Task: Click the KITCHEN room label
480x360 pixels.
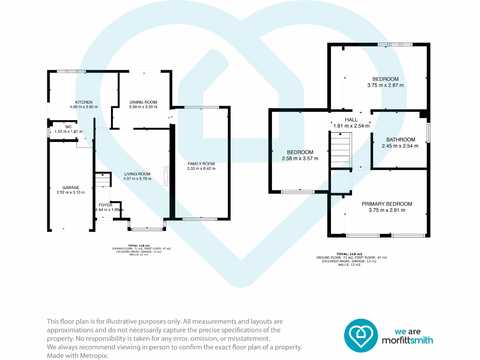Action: tap(84, 102)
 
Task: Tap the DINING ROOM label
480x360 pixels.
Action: tap(143, 102)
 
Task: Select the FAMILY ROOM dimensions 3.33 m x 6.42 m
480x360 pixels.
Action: tap(201, 169)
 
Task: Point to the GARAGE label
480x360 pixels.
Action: tap(71, 187)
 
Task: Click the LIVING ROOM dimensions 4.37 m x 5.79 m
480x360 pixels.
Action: tap(137, 179)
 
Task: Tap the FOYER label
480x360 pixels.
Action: tap(105, 205)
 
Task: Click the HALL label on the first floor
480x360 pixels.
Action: tap(351, 120)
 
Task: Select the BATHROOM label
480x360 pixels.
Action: tap(400, 140)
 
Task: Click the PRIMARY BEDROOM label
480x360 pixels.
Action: tap(387, 204)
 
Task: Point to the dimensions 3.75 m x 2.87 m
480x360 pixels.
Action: tap(385, 85)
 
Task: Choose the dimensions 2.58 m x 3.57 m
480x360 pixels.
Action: tap(300, 158)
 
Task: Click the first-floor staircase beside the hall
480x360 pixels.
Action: tap(341, 149)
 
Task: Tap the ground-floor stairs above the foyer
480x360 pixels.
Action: tap(102, 180)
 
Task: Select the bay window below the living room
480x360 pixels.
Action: tap(146, 228)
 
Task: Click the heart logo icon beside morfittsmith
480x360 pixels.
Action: tap(361, 336)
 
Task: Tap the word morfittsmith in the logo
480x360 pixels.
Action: tap(407, 340)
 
